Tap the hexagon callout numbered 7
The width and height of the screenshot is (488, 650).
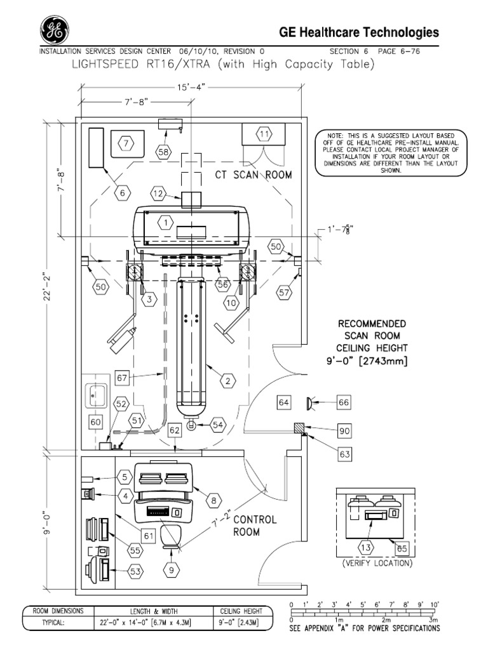tap(126, 143)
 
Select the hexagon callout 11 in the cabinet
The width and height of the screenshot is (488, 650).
tap(264, 133)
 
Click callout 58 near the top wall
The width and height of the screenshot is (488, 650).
tap(163, 152)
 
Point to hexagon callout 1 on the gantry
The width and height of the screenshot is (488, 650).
tap(165, 223)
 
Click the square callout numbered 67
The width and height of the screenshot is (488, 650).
tap(123, 378)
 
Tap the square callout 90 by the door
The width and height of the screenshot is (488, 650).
tap(344, 431)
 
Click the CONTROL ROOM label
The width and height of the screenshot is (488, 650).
tap(255, 525)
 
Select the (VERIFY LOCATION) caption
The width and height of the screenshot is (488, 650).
tap(377, 563)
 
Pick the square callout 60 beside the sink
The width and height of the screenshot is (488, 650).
tap(96, 422)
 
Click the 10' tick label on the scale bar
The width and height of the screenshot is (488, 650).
tap(435, 604)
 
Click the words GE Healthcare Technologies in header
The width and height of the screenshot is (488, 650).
tap(359, 33)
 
